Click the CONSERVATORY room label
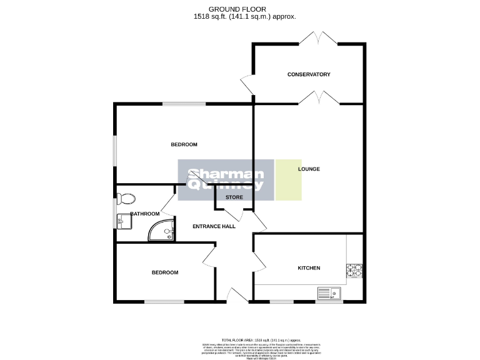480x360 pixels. click(308, 74)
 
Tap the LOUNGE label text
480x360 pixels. click(309, 169)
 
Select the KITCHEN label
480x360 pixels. click(308, 267)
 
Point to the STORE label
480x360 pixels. click(234, 197)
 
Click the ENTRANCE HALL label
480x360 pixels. click(214, 226)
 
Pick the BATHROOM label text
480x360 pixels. click(144, 214)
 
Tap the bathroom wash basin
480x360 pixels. click(122, 221)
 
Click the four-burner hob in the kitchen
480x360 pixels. click(355, 271)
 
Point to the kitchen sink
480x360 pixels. click(329, 293)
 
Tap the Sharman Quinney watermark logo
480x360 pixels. click(226, 180)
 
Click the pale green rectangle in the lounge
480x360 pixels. click(289, 180)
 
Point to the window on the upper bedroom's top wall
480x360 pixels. click(183, 104)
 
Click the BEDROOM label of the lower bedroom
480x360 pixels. click(165, 272)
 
